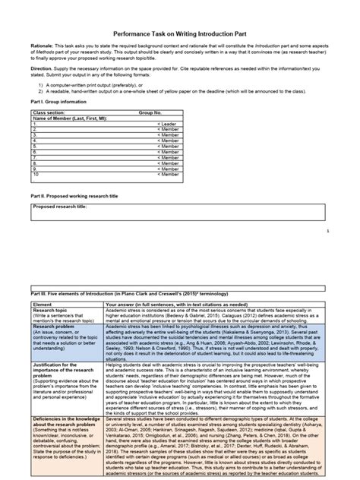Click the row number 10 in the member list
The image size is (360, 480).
coord(36,174)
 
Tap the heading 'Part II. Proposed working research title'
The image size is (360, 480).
coord(71,195)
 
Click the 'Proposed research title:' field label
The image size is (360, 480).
coord(60,205)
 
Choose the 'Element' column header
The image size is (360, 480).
coord(42,304)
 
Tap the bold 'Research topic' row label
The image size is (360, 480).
coord(52,309)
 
